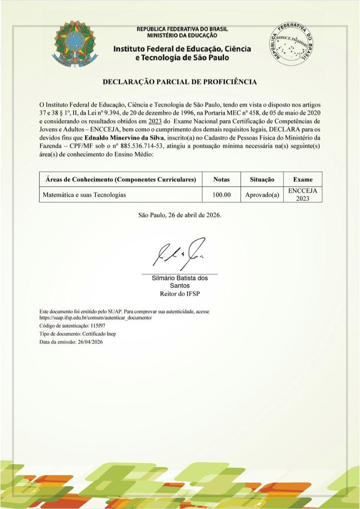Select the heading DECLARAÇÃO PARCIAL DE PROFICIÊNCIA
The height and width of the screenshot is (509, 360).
(179, 81)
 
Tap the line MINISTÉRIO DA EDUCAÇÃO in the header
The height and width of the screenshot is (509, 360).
(182, 35)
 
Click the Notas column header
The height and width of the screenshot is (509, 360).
(221, 179)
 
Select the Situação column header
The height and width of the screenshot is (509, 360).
(262, 179)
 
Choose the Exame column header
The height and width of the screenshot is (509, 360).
(303, 179)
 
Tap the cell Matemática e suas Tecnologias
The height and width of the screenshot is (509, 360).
(83, 194)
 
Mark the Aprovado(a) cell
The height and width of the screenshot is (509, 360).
(262, 194)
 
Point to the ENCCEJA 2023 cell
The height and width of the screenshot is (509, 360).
(303, 194)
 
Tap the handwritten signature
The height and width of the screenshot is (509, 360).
(179, 256)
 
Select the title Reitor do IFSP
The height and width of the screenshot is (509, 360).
(179, 293)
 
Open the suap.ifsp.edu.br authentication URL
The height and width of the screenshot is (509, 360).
(95, 317)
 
